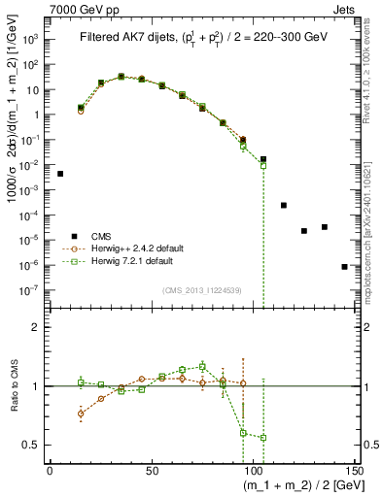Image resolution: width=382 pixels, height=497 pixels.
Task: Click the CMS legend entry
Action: point(100,236)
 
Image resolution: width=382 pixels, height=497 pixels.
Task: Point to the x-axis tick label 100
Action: point(253,471)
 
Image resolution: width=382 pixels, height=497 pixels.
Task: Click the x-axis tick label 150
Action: point(354,471)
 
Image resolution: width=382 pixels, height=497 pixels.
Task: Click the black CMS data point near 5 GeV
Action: point(60,174)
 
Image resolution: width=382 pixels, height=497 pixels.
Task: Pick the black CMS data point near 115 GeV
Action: point(284,205)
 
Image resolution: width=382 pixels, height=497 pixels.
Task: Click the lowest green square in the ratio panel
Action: point(262,438)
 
